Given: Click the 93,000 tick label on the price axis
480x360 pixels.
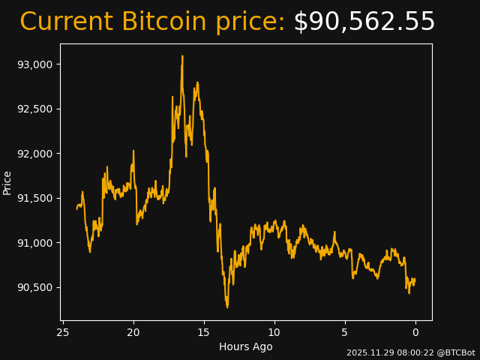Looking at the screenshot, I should click(35, 64).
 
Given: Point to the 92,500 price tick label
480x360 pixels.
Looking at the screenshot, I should click(35, 109).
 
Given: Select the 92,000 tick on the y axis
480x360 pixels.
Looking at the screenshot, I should click(35, 154).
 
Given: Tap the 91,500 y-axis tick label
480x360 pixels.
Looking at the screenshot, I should click(35, 198).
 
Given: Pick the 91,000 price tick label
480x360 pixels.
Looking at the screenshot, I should click(35, 243).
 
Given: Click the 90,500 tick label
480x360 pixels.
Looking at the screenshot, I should click(35, 287).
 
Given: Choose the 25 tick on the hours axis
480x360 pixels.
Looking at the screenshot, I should click(63, 332).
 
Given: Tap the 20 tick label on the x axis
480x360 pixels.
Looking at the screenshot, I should click(133, 332).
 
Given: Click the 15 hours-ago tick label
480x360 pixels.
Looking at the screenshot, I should click(204, 332).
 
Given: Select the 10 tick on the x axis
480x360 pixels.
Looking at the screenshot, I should click(274, 332).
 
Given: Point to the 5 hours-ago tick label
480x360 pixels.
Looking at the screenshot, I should click(345, 332).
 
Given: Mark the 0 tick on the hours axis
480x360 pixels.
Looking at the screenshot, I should click(415, 332).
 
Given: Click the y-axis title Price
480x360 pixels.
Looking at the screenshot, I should click(7, 182).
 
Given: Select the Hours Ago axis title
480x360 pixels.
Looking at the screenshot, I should click(246, 346).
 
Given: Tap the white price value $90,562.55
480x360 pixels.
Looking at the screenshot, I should click(364, 22).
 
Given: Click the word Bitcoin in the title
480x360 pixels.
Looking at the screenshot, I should click(164, 22).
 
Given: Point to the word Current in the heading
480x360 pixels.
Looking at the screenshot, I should click(66, 22).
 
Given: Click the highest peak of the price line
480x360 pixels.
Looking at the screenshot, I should click(181, 56).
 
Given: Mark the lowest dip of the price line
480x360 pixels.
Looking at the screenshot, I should click(227, 307).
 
